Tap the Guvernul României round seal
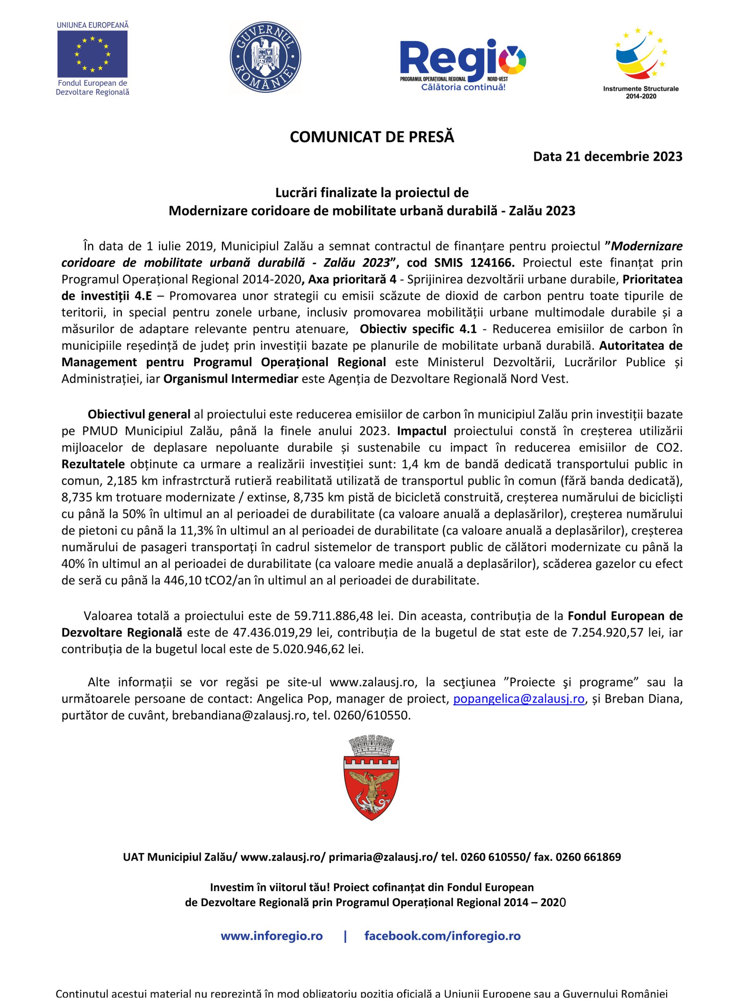(x=265, y=58)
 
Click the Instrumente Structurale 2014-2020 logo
(x=640, y=58)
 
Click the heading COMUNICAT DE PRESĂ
(x=372, y=137)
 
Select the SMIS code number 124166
(x=492, y=263)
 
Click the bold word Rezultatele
(x=93, y=465)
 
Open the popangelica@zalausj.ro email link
(x=518, y=699)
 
